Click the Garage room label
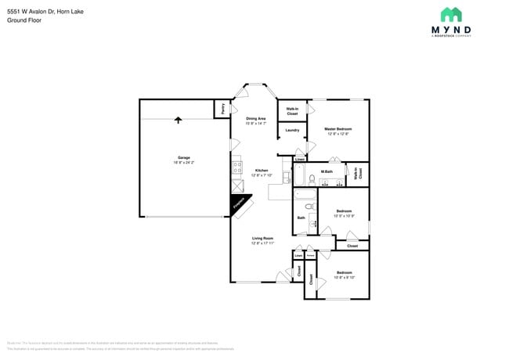click(x=183, y=157)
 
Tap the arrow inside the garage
click(x=179, y=120)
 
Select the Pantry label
click(x=223, y=109)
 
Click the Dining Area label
click(x=255, y=119)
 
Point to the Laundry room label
click(x=292, y=130)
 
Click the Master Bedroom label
click(x=338, y=129)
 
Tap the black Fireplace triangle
click(x=237, y=204)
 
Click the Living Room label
click(x=262, y=239)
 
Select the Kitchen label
click(x=262, y=171)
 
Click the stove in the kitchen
click(x=236, y=167)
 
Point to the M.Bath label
click(x=327, y=171)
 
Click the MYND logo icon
click(x=451, y=14)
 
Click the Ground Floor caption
click(x=23, y=20)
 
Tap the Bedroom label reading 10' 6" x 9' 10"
click(x=345, y=274)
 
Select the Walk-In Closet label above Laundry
click(x=291, y=111)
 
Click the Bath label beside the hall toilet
click(x=301, y=218)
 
